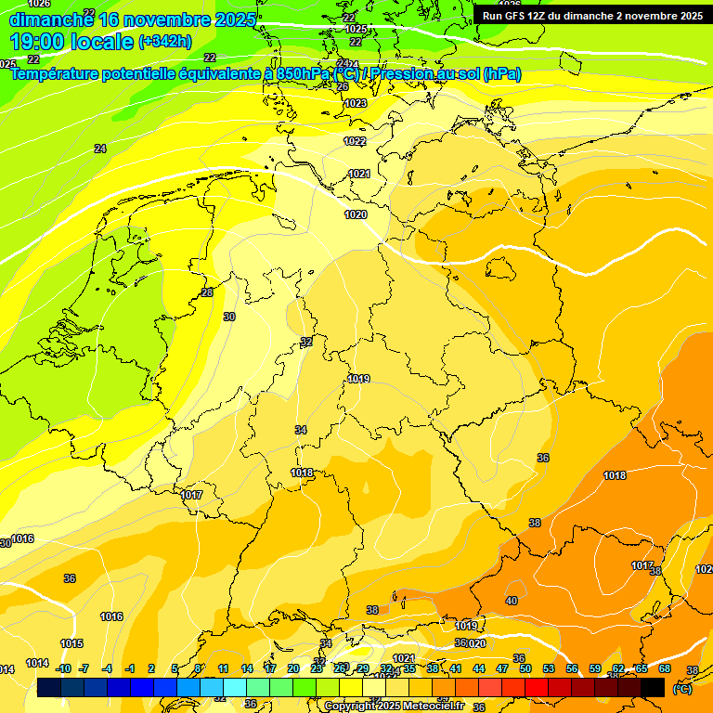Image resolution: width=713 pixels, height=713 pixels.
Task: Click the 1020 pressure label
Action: [356, 214]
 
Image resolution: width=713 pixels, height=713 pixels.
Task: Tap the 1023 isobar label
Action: [356, 103]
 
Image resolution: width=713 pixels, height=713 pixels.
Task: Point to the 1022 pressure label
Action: [355, 141]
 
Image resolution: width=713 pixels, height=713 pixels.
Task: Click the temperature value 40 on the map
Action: [512, 601]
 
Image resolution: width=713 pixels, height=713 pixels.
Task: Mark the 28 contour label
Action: [207, 292]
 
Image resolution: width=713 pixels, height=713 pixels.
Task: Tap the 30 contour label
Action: [229, 317]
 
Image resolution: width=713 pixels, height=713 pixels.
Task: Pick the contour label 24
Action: [100, 149]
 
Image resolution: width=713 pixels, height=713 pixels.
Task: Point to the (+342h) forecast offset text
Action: [165, 42]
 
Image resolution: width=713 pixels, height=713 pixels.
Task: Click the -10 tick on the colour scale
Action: [63, 668]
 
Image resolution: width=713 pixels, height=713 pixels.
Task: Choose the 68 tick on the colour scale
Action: [665, 668]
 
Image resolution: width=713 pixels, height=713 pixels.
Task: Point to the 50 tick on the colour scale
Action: [525, 668]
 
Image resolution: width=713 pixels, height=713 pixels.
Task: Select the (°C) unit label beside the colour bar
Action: [681, 689]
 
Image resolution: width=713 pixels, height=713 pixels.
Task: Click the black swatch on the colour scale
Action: [653, 687]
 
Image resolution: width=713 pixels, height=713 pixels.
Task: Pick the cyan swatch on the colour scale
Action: [235, 687]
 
